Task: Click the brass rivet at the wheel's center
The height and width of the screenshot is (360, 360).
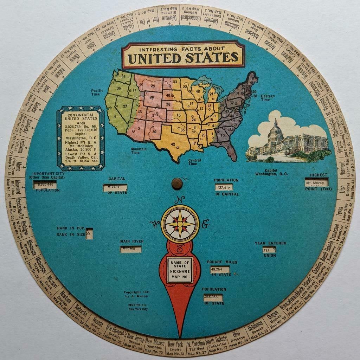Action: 177,183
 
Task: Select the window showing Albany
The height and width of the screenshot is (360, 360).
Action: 115,188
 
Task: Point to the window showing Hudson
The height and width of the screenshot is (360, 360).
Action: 130,249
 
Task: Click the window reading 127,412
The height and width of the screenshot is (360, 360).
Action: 224,187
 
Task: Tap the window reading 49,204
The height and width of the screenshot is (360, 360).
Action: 220,270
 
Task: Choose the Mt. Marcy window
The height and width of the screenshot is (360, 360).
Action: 316,182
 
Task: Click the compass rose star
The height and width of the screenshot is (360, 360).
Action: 180,224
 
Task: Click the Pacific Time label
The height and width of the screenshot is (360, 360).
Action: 97,92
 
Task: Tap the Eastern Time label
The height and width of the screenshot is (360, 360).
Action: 268,97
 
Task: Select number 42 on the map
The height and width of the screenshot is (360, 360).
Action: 173,144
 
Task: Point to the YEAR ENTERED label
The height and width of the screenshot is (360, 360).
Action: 270,243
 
